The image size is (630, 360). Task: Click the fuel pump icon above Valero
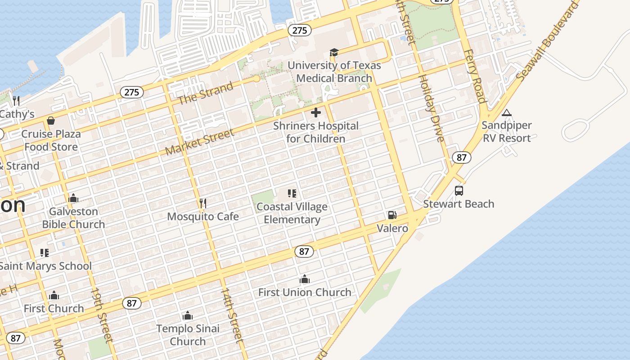(392, 215)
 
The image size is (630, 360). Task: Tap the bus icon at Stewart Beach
(459, 191)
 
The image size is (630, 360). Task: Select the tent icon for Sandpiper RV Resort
(507, 112)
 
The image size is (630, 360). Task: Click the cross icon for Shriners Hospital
(316, 112)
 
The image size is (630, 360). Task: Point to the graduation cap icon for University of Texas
(334, 53)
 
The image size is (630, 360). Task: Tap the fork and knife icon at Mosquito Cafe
(203, 203)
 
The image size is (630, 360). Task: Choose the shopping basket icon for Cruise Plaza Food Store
(51, 121)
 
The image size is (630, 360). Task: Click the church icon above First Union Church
(305, 279)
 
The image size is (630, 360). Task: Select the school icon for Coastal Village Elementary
(292, 193)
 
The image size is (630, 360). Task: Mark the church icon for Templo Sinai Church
(188, 315)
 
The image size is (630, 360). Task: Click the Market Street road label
(200, 142)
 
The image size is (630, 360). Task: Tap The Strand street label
(206, 93)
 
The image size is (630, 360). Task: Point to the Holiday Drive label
(432, 108)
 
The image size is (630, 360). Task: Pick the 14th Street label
(231, 315)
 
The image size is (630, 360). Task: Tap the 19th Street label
(102, 315)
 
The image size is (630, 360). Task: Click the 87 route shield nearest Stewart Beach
(461, 157)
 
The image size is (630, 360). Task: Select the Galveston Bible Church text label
(73, 218)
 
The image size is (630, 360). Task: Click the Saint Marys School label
(45, 266)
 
